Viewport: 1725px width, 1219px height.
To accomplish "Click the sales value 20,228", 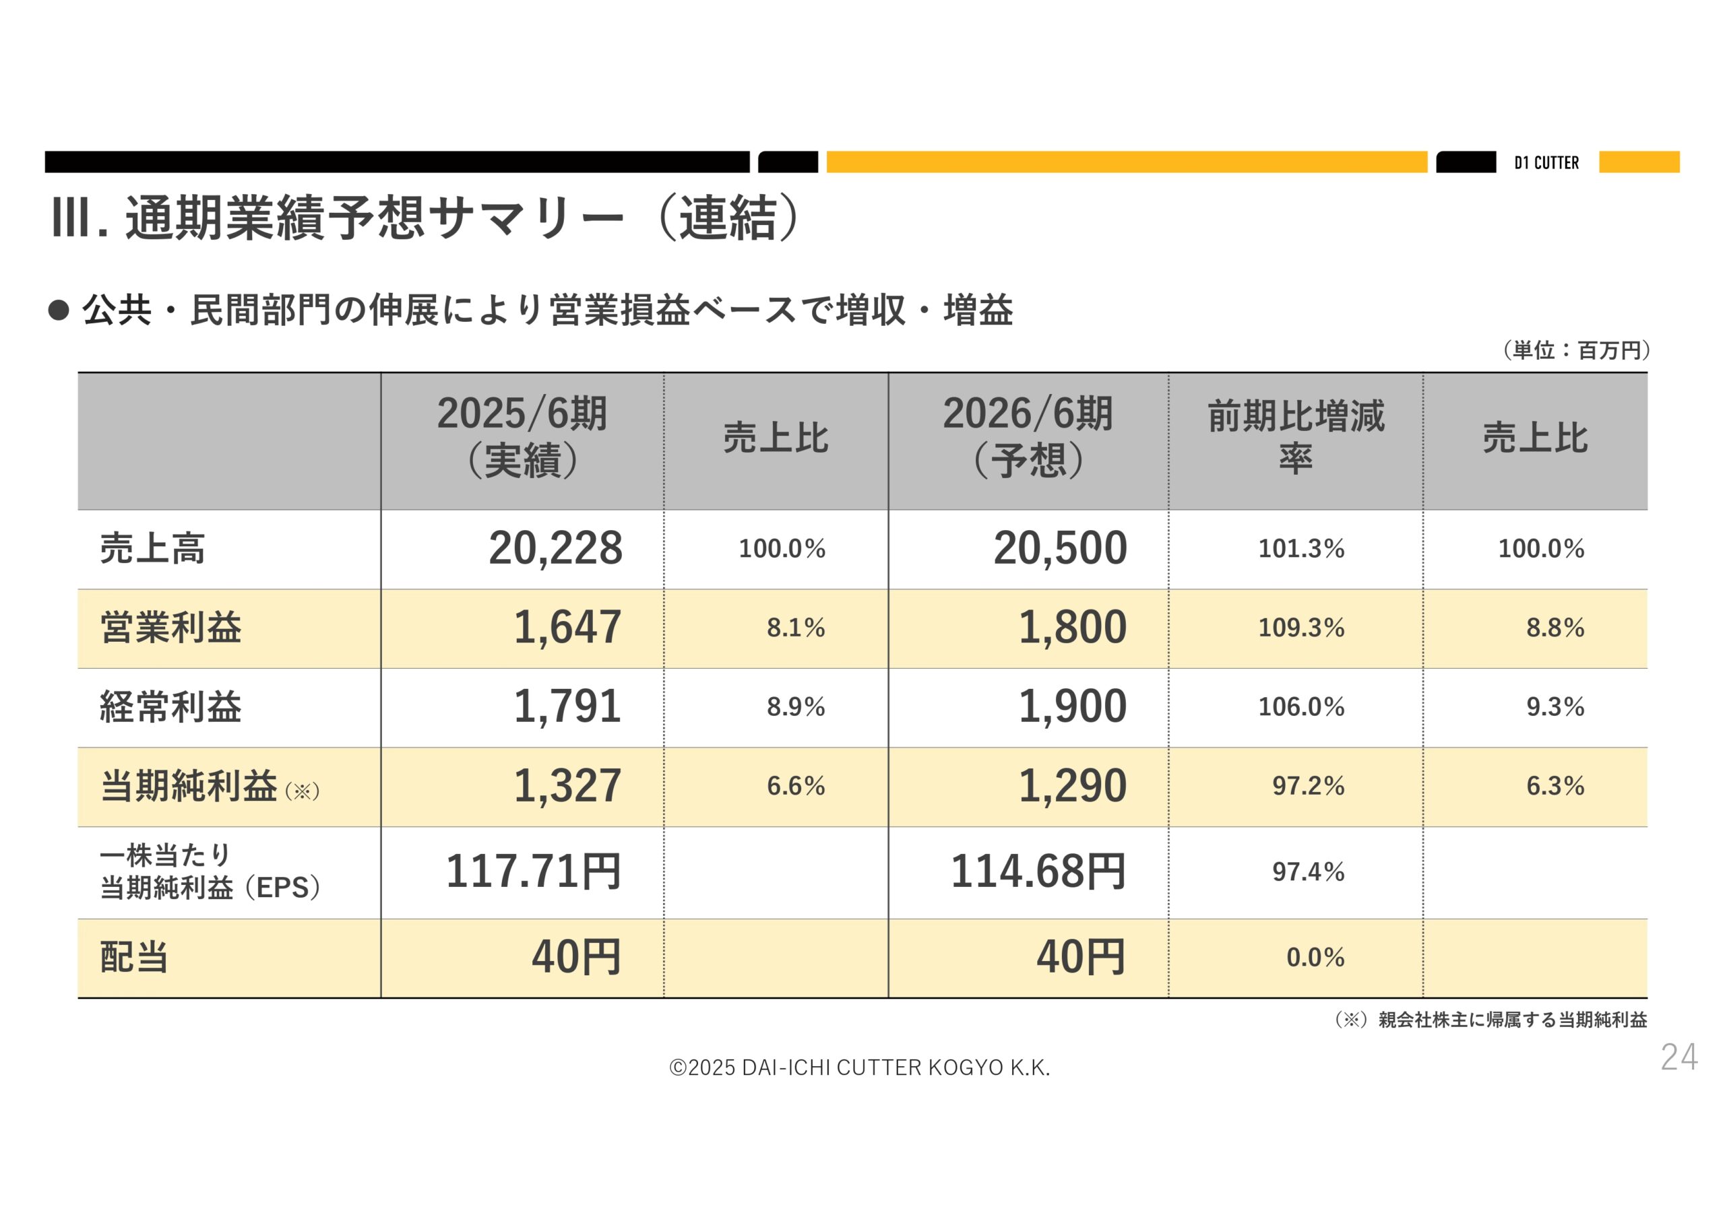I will point(555,548).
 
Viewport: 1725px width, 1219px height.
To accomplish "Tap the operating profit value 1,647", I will point(567,627).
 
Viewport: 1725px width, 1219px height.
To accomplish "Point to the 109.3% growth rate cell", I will point(1300,628).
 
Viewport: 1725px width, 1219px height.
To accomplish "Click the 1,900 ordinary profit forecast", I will point(1072,706).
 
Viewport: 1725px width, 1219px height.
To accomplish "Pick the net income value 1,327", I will point(567,787).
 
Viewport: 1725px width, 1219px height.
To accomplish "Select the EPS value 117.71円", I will point(533,872).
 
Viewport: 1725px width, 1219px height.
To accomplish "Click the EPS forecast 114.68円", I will point(1038,872).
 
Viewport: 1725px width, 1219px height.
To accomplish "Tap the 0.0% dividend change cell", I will point(1315,958).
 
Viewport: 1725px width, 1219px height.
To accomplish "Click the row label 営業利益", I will point(170,628).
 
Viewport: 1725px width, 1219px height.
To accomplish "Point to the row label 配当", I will point(133,958).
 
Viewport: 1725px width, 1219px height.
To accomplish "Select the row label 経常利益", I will point(170,706).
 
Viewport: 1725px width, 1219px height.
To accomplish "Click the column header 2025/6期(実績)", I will point(522,437).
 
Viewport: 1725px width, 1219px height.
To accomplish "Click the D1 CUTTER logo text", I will point(1546,163).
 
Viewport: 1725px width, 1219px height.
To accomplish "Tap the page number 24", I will point(1679,1057).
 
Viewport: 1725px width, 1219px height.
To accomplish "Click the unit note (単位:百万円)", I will point(1575,351).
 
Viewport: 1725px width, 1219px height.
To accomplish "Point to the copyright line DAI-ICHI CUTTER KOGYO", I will point(860,1067).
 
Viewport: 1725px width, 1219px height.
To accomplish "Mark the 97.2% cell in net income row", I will point(1307,787).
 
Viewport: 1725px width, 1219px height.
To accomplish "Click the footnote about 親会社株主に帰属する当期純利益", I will point(1491,1020).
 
